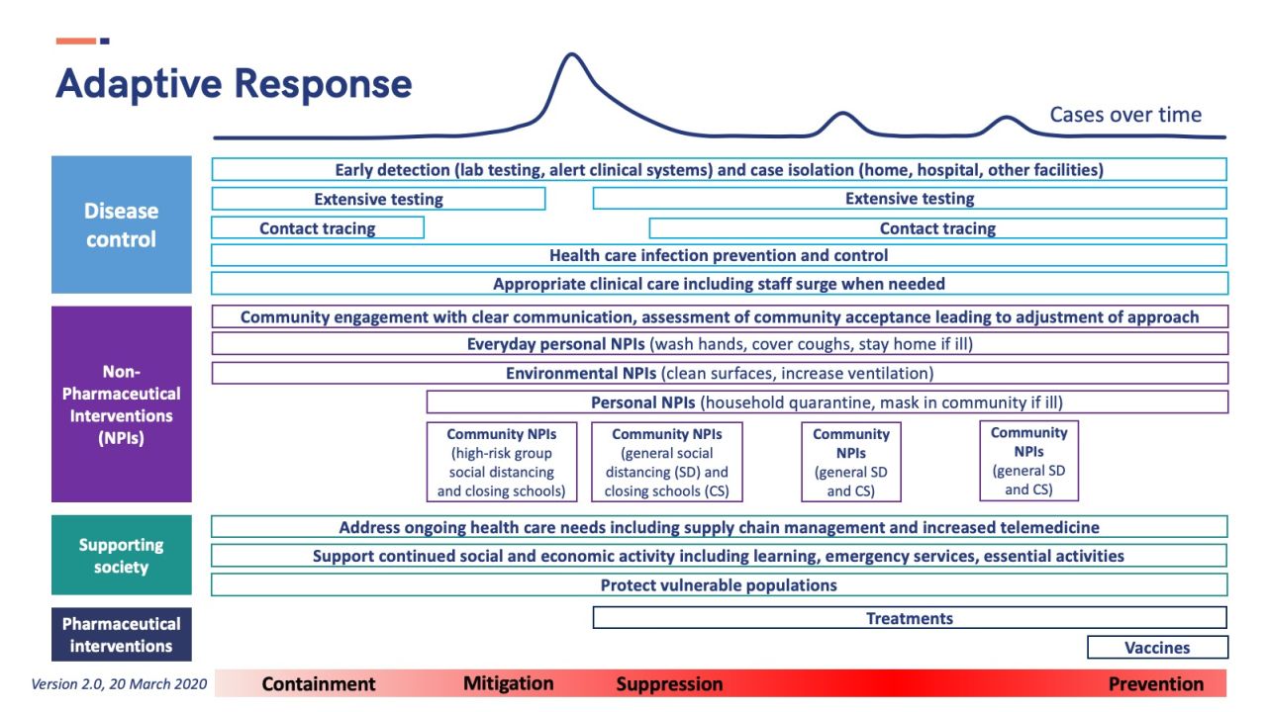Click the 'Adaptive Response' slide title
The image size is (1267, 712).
(x=234, y=84)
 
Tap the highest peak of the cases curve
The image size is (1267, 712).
(x=572, y=54)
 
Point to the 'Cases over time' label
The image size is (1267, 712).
(x=1125, y=115)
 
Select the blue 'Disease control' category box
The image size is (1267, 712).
(x=122, y=224)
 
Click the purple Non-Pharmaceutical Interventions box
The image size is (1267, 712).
(x=122, y=404)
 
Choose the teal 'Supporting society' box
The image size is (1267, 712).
(x=122, y=555)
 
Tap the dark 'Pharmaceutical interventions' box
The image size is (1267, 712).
(x=122, y=635)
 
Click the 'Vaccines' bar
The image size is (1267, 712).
(x=1157, y=648)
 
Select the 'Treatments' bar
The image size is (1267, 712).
(x=910, y=618)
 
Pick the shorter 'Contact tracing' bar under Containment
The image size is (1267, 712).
(x=318, y=228)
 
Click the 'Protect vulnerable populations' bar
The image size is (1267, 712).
(x=719, y=584)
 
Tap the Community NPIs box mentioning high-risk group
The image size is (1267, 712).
(x=502, y=462)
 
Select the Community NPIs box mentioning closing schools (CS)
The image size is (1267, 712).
(x=667, y=462)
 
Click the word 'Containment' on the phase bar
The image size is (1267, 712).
(x=319, y=683)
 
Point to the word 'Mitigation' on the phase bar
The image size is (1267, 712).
(x=509, y=683)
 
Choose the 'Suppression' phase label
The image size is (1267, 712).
(x=670, y=683)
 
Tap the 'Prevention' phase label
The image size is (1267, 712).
(x=1156, y=683)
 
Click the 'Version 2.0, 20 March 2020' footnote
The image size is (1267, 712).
(x=119, y=684)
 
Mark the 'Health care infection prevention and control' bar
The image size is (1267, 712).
(x=719, y=255)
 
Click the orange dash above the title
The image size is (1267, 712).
(x=76, y=41)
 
